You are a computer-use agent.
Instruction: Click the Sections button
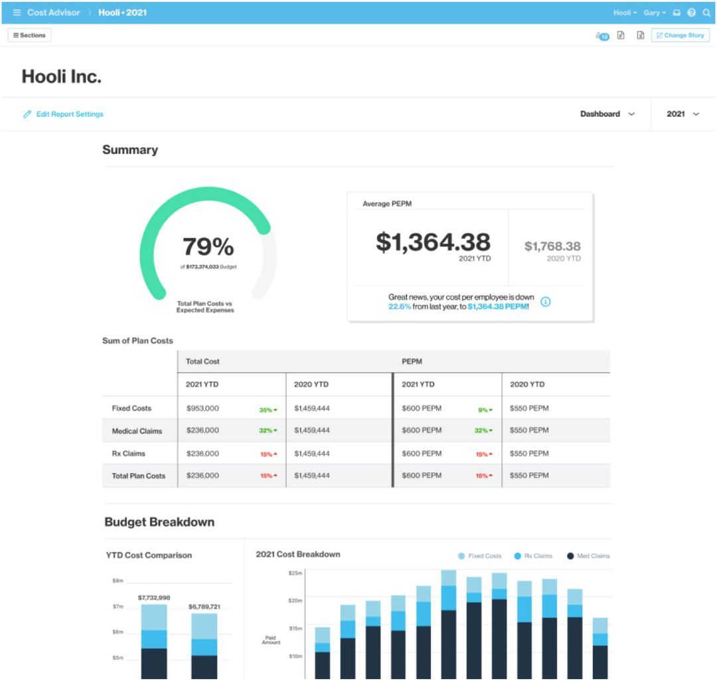29,35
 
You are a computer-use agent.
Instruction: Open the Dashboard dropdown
607,114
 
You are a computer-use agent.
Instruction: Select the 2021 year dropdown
682,114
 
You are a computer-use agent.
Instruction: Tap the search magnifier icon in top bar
706,13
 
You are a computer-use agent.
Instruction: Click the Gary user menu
654,13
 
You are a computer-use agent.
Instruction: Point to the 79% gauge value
208,247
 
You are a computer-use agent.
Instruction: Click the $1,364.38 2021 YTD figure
433,243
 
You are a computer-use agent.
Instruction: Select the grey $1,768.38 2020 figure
552,246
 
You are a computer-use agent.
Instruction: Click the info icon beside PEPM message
546,302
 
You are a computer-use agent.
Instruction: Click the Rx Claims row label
128,454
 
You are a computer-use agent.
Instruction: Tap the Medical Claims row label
137,431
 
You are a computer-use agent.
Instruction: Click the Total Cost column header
202,361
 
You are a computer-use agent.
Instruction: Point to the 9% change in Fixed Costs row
485,410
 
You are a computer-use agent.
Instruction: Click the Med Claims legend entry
588,556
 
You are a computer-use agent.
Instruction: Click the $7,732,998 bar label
154,598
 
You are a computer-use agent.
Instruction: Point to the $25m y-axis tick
295,573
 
